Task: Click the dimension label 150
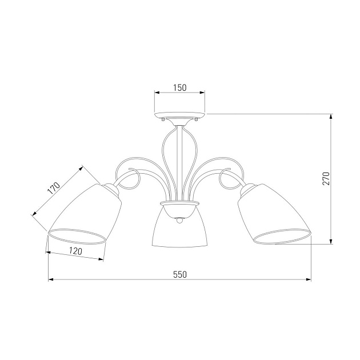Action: coord(180,87)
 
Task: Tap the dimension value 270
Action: coord(326,178)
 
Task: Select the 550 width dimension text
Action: coord(180,274)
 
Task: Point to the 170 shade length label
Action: coord(54,188)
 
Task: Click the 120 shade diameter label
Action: coord(75,251)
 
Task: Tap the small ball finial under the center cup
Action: coord(179,221)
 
